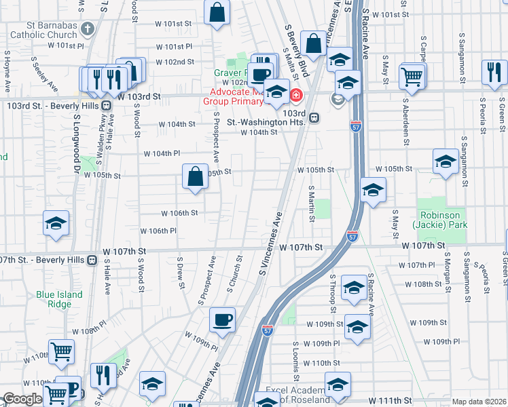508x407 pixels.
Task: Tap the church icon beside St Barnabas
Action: click(87, 29)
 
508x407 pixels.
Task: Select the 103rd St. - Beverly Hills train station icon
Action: click(107, 106)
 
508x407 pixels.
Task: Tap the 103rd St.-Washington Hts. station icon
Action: click(314, 118)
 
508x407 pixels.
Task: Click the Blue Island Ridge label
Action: click(60, 299)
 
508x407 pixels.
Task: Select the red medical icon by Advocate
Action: click(296, 94)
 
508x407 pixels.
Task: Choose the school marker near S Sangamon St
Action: click(445, 161)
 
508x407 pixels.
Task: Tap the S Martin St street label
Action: click(311, 203)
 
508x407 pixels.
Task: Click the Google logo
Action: click(22, 400)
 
